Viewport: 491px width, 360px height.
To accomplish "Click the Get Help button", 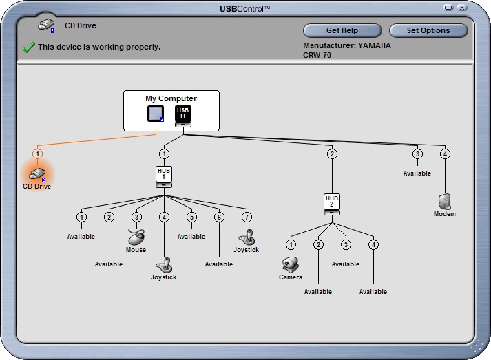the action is (x=342, y=30).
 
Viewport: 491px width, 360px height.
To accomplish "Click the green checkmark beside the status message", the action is (x=28, y=47).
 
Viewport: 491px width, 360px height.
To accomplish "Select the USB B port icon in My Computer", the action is (x=183, y=116).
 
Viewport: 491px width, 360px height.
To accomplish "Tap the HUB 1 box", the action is (x=164, y=176).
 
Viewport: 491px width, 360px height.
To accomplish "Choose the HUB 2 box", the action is (x=332, y=204).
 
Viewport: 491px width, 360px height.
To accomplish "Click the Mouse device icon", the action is (x=136, y=237).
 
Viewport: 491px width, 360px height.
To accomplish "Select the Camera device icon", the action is (x=291, y=265).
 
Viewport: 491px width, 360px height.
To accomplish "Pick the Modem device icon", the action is (x=445, y=202).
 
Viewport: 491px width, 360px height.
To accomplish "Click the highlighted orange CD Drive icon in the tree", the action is (x=37, y=174).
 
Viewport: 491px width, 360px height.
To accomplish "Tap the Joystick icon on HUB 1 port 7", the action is (x=247, y=237).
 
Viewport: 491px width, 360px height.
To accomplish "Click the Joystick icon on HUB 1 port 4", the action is (x=164, y=265).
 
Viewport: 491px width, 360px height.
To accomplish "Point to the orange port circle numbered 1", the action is (x=38, y=153).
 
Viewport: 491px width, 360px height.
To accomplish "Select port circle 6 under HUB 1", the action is (x=219, y=217).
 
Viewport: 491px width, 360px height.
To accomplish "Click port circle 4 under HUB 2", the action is (x=373, y=244).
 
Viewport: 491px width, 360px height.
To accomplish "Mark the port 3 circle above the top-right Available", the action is (x=417, y=153).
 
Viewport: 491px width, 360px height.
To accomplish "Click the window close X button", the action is (x=462, y=8).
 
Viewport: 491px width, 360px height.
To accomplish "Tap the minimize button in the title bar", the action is (x=449, y=8).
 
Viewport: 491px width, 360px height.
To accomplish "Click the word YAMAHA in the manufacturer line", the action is (x=374, y=45).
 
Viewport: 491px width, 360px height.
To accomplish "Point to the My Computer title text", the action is (x=171, y=98).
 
